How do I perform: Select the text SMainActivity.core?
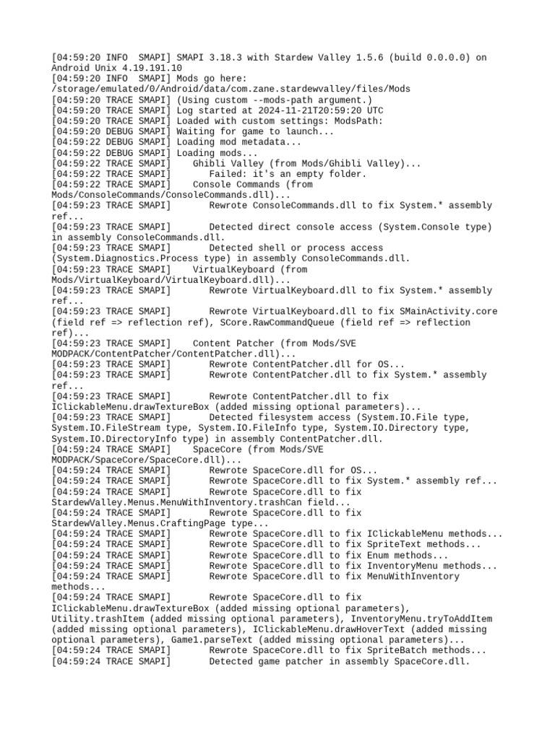pos(448,312)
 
